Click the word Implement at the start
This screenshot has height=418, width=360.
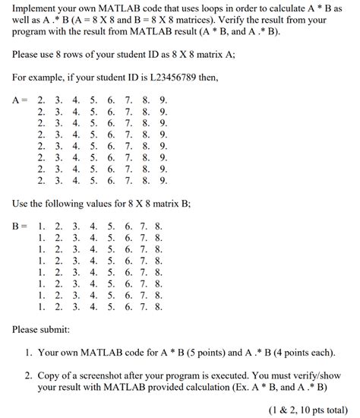(x=37, y=8)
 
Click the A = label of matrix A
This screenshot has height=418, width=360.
(x=21, y=100)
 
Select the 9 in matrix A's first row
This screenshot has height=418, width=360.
(x=163, y=100)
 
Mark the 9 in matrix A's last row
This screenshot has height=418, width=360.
(x=163, y=181)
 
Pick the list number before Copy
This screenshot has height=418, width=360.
(x=27, y=375)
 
